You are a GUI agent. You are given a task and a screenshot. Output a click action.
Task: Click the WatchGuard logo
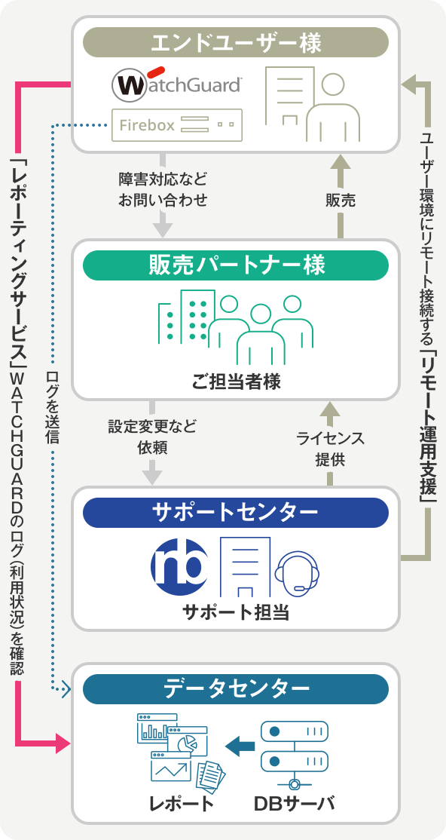[x=177, y=83]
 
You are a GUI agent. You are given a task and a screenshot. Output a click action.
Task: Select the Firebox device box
[x=177, y=125]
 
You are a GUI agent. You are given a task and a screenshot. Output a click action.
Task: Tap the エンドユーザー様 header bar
[x=236, y=42]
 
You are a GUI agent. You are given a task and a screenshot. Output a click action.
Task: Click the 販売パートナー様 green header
[x=236, y=265]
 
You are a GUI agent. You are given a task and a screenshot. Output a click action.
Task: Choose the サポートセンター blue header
[x=236, y=513]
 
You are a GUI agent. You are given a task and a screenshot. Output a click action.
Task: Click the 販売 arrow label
[x=340, y=201]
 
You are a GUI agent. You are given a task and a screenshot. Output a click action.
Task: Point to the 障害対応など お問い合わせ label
[x=163, y=189]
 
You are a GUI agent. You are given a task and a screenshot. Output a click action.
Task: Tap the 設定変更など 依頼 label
[x=153, y=437]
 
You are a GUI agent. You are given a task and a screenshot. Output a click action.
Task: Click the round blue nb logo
[x=179, y=565]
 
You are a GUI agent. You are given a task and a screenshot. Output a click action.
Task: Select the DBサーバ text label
[x=294, y=804]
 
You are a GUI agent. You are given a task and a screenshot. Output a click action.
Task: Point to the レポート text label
[x=182, y=804]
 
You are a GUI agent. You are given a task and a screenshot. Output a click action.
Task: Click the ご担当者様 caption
[x=236, y=382]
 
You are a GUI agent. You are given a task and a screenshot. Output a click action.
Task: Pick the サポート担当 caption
[x=236, y=612]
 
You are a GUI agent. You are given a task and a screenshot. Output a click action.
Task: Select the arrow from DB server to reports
[x=240, y=745]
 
